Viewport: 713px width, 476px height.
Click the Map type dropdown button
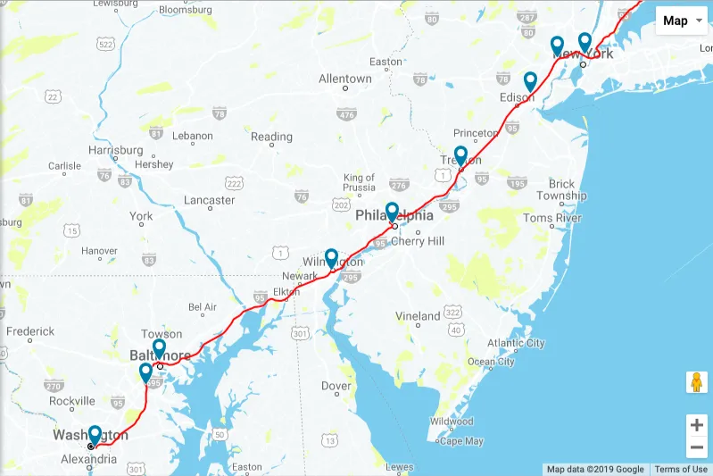coord(682,21)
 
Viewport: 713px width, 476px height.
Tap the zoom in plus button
coord(696,424)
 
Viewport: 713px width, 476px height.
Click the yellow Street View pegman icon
coord(696,382)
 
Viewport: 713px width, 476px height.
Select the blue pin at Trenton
coord(460,155)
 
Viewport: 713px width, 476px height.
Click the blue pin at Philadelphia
coord(392,213)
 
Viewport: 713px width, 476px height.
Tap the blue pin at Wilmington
coord(331,258)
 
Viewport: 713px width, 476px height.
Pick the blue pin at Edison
coord(530,81)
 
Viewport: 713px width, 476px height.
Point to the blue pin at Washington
coord(95,435)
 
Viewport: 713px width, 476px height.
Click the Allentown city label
coord(345,79)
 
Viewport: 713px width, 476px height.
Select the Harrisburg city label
coord(116,150)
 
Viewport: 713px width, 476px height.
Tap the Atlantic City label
coord(516,343)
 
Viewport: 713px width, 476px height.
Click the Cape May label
coord(461,441)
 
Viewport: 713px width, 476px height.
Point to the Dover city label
coord(336,386)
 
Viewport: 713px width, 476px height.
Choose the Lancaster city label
coord(209,200)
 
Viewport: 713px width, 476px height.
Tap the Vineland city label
coord(418,315)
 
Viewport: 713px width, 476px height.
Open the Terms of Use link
coord(681,469)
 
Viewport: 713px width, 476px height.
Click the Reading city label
coord(271,137)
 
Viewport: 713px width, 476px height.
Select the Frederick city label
coord(30,331)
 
